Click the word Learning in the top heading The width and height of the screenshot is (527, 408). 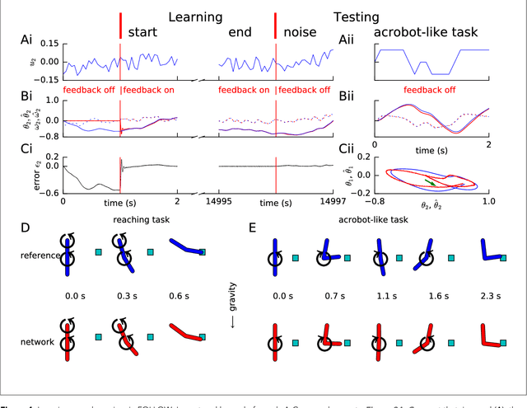(x=194, y=16)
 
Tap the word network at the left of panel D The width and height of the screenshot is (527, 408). (x=40, y=338)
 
